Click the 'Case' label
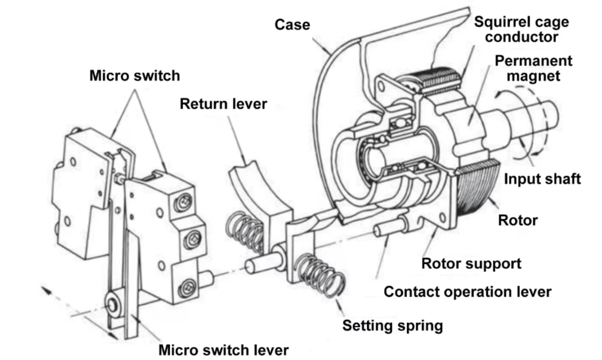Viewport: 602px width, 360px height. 292,25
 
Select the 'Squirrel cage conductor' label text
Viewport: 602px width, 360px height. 521,29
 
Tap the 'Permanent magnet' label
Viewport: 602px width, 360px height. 533,68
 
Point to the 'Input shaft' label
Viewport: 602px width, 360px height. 541,179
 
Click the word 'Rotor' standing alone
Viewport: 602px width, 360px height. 517,221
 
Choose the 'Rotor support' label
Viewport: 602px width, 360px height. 471,263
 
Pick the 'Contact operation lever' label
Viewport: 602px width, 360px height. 467,292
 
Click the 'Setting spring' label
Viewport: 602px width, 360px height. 393,325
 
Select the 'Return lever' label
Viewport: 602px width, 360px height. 223,104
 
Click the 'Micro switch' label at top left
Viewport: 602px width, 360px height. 135,76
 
